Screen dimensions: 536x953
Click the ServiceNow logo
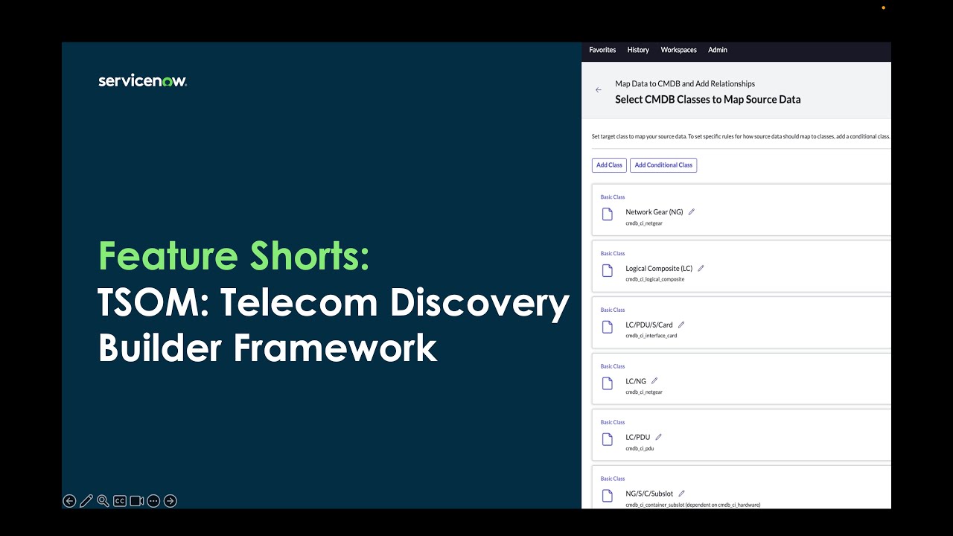click(142, 81)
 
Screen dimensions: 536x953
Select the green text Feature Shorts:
click(234, 256)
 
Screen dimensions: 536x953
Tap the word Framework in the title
click(335, 348)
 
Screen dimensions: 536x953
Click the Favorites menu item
click(602, 50)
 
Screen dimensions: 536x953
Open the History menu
click(638, 50)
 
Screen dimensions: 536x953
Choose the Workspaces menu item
click(678, 50)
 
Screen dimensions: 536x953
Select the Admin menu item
click(718, 50)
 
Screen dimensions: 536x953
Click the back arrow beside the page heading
click(599, 90)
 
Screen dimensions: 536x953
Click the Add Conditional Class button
click(663, 165)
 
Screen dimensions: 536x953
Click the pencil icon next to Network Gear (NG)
click(691, 212)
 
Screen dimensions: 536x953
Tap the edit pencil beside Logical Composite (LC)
click(701, 269)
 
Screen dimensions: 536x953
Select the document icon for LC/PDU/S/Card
click(608, 327)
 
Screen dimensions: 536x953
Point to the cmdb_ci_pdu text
click(640, 448)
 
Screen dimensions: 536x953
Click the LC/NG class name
click(636, 381)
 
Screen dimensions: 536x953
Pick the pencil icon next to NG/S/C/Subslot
click(681, 494)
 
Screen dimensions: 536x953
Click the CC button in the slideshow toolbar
click(120, 501)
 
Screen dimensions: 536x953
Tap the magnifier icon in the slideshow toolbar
click(103, 501)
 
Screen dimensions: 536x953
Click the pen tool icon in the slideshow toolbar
click(86, 501)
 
